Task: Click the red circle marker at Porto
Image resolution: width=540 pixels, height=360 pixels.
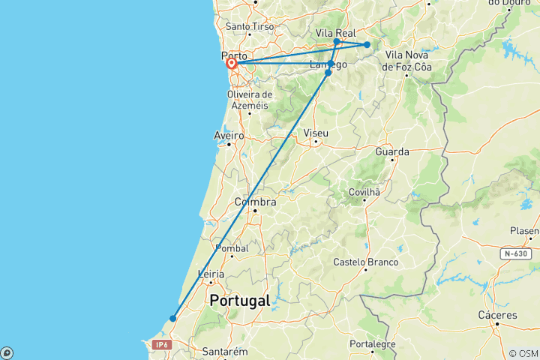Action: coord(232,64)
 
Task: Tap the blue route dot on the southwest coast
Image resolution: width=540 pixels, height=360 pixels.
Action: coord(173,318)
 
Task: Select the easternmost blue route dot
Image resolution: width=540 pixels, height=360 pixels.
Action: coord(367,45)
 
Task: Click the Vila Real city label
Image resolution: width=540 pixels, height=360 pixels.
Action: coord(335,33)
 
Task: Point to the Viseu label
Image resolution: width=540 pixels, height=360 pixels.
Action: coord(316,133)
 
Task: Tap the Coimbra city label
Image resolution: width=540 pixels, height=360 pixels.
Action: coord(256,202)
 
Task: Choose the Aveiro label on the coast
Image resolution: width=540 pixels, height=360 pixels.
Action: coord(229,135)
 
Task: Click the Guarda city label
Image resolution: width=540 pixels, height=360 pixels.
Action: coord(392,151)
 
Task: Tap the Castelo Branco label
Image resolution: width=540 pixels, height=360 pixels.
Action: coord(365,262)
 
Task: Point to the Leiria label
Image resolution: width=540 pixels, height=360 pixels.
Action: coord(211,274)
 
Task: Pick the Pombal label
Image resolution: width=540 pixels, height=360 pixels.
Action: coord(232,248)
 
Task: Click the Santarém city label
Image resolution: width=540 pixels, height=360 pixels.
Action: coord(225,351)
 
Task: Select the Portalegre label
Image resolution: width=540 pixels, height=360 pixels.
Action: coord(373,344)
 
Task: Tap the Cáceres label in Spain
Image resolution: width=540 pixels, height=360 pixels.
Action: coord(497,315)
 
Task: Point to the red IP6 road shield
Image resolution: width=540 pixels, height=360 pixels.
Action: coord(161,344)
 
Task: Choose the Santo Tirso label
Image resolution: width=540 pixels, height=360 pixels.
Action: coord(248,27)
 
